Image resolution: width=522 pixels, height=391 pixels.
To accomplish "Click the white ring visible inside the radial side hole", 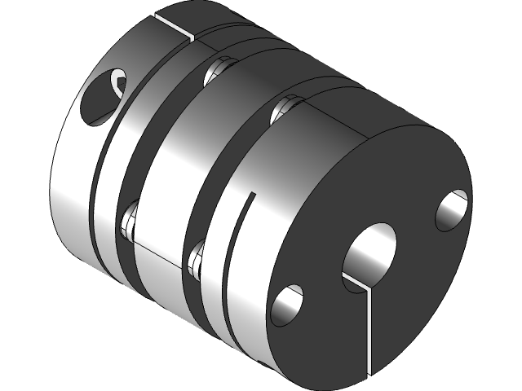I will point(120,82).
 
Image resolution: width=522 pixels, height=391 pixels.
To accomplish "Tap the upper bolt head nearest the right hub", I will point(283,107).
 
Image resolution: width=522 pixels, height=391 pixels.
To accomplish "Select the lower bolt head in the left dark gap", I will point(130,222).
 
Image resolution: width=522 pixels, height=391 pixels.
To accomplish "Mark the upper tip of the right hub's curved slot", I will point(250,196).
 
